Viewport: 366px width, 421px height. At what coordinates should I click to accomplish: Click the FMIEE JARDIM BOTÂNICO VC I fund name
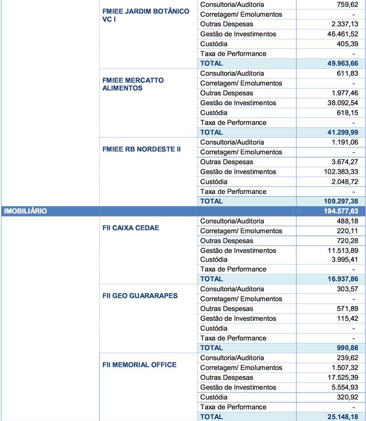coord(146,15)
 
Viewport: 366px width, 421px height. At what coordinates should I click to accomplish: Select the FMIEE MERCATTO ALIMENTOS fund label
coord(133,84)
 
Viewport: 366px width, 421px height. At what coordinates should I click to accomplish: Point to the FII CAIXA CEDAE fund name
coord(131,227)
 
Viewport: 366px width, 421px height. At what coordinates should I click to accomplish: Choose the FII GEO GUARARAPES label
coord(140,296)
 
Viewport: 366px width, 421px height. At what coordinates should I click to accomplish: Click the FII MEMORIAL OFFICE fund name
coord(140,365)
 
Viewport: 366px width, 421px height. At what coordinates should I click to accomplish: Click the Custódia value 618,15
coord(347,113)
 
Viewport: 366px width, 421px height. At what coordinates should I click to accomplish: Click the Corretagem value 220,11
coord(347,231)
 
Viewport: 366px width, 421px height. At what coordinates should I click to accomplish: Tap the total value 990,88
coord(346,348)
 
